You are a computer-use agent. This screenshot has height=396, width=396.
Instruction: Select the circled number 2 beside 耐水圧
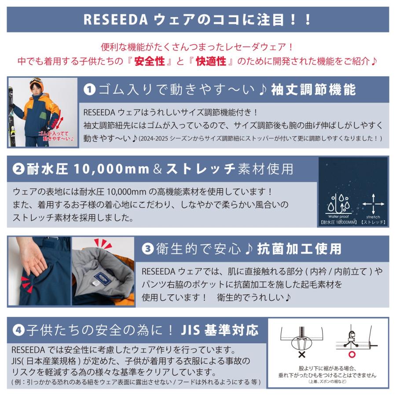coord(18,169)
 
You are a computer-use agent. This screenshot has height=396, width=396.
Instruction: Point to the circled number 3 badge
coord(147,249)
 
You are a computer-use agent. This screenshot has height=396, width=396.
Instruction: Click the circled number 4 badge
coord(18,330)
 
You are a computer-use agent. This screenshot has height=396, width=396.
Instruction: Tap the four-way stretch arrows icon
coord(373,204)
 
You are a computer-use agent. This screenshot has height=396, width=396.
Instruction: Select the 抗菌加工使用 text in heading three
coord(299,249)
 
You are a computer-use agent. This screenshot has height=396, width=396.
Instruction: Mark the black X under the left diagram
coord(302,354)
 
